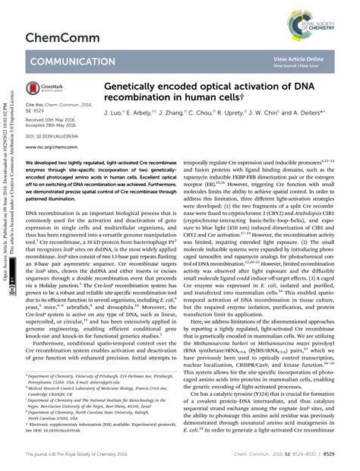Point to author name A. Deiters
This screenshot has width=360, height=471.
pos(316,112)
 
